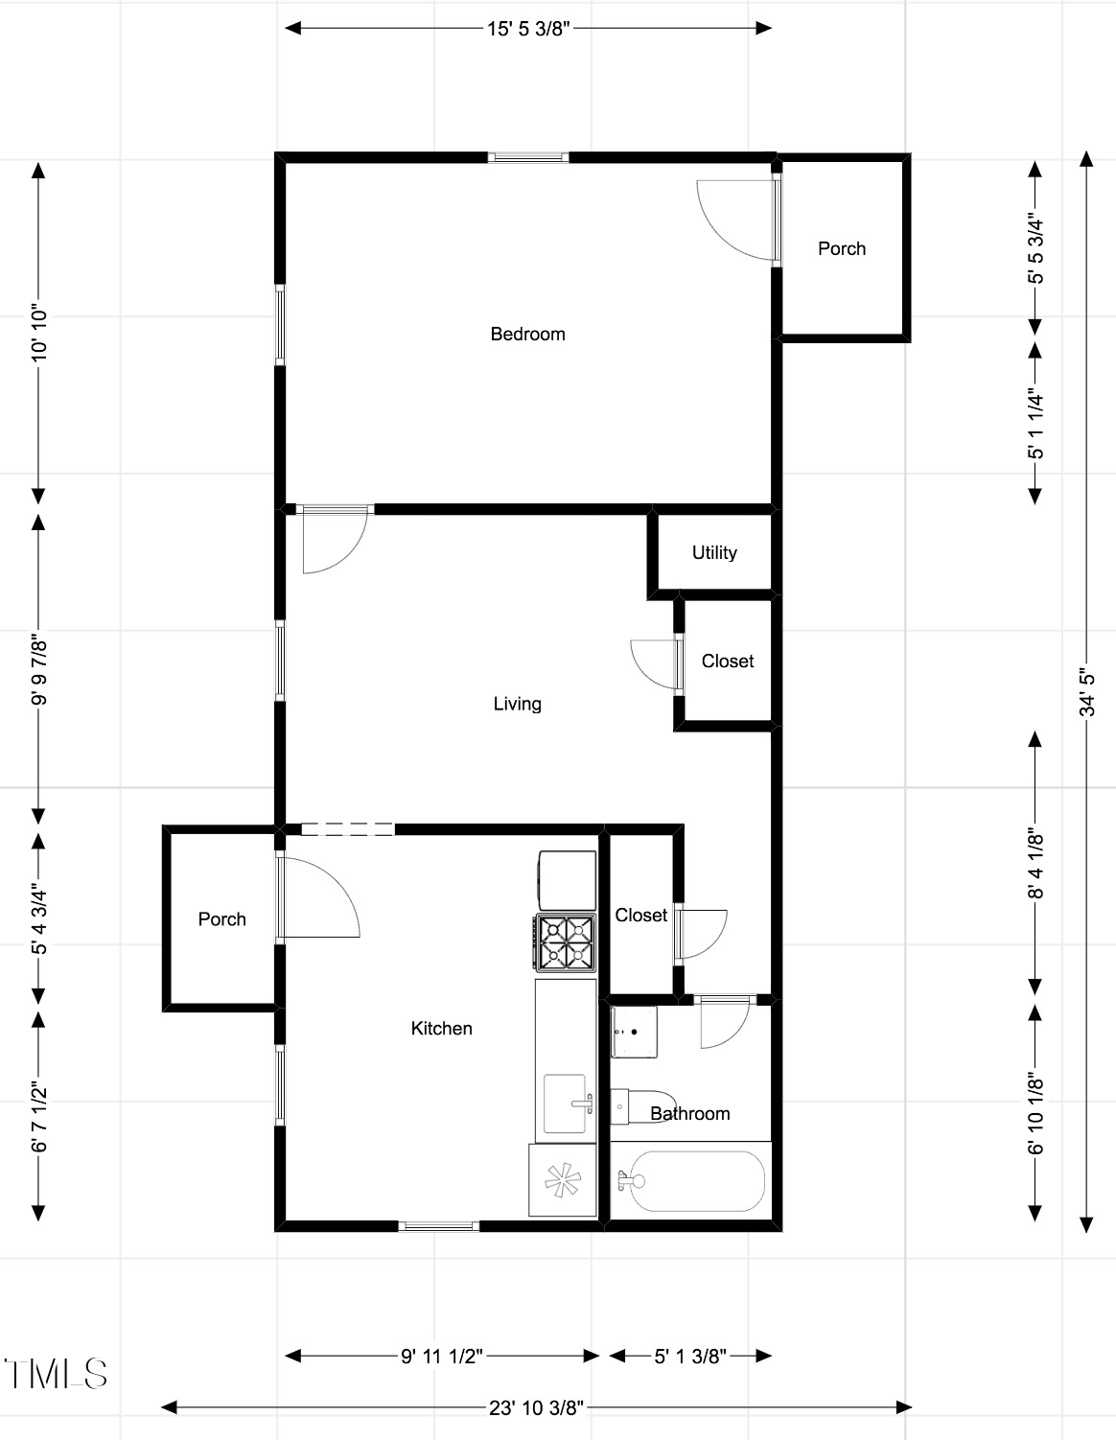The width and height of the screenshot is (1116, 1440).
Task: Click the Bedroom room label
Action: pos(527,334)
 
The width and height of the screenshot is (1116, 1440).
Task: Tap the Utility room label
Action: pos(714,552)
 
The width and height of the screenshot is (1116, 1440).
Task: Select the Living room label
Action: pos(517,704)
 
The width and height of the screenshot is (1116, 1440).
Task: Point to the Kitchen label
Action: pos(441,1029)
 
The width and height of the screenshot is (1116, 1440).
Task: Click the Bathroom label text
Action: pos(690,1113)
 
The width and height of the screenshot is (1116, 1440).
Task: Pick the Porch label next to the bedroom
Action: pos(842,248)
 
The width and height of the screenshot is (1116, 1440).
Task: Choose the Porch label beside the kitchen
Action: pos(222,919)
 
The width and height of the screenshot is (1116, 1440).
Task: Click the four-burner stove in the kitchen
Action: pos(566,943)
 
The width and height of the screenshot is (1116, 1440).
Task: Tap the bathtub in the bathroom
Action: pos(690,1180)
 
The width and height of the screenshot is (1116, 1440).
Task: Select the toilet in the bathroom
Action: pos(642,1106)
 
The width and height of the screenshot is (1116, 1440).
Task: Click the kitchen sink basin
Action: pos(566,1104)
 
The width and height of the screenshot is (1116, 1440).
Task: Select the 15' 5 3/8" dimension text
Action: pos(528,29)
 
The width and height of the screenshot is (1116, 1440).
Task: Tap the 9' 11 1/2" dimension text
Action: pos(442,1356)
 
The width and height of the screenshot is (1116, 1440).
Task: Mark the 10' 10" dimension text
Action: pos(39,334)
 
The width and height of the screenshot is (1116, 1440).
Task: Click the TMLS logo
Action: pos(56,1374)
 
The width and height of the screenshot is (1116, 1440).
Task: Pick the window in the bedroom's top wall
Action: pos(528,158)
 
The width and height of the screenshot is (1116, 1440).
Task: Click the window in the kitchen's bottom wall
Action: pos(439,1226)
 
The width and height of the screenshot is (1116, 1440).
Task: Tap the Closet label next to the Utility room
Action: pos(728,662)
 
